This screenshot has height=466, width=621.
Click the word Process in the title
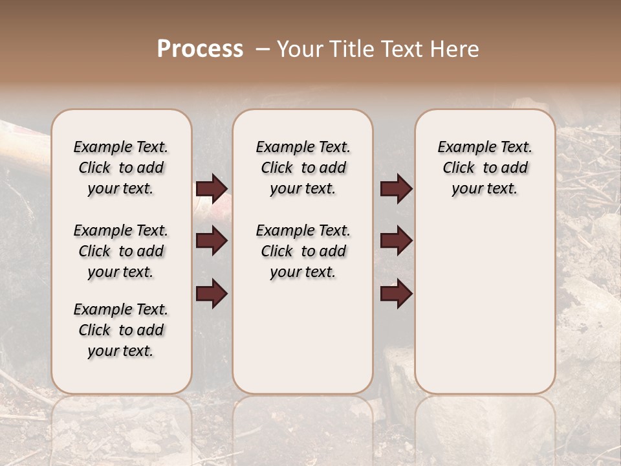click(200, 49)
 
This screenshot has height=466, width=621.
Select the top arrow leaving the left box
click(212, 189)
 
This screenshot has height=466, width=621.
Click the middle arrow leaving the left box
click(212, 241)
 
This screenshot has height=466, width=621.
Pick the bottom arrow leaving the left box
click(212, 293)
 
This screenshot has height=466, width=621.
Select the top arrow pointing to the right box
click(396, 189)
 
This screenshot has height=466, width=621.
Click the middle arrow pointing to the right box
click(396, 241)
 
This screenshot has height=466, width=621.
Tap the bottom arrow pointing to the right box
click(396, 293)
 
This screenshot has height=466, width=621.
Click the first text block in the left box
click(121, 168)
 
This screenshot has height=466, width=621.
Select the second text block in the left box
click(121, 251)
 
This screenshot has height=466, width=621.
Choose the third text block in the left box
click(121, 330)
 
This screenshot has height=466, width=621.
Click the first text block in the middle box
click(303, 168)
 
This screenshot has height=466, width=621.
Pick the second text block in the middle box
click(303, 251)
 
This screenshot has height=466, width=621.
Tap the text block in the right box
click(485, 168)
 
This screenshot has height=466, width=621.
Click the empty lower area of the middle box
click(303, 337)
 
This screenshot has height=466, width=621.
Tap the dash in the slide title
click(263, 49)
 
